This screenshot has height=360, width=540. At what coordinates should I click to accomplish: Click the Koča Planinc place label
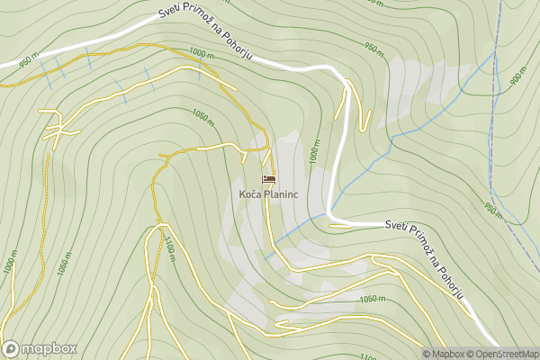269,193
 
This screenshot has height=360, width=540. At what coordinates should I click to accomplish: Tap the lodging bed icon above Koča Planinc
269,179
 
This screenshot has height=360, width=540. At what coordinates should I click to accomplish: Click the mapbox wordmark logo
40,349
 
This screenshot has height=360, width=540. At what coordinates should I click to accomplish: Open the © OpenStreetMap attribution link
508,354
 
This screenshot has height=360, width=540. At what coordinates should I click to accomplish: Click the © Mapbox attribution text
447,354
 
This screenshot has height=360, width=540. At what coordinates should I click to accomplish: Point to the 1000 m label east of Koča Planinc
314,155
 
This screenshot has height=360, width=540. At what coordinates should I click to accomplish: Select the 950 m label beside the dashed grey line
492,210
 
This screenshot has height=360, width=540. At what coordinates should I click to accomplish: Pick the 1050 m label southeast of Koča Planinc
372,299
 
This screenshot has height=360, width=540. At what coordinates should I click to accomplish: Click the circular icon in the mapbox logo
11,349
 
